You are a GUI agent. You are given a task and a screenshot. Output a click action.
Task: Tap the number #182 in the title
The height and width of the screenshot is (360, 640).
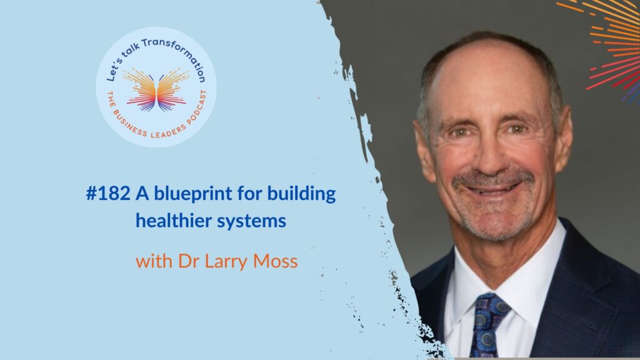108,194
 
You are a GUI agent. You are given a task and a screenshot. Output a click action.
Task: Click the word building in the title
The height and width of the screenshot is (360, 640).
302,194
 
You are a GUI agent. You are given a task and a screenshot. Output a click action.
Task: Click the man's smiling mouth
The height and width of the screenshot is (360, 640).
493,189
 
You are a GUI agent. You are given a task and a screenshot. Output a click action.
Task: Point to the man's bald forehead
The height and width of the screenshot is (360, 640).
486,77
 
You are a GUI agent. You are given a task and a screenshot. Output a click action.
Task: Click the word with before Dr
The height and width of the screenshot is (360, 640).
154,261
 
